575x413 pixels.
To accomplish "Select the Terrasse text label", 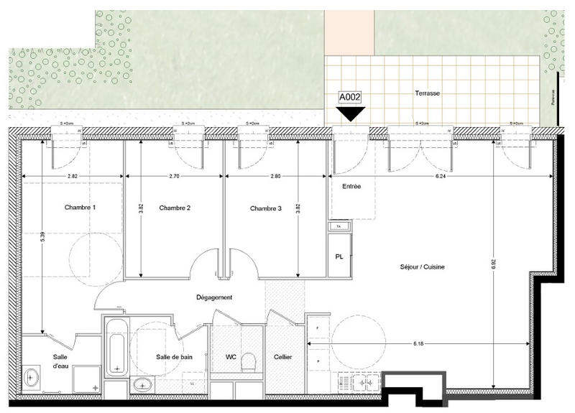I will point(427,93).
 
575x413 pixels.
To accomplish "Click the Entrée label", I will point(351,186).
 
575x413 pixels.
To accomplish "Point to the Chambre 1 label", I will point(80,208).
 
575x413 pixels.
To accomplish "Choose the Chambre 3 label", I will point(266,209).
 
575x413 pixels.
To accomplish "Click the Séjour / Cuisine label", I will point(423,267).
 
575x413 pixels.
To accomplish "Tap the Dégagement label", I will point(215,297).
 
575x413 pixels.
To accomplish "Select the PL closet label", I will point(339,256).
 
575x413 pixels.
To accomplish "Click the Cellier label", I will point(282,357).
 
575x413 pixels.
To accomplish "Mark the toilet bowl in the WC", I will point(249,361).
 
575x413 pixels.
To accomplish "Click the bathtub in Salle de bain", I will point(116,348).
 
